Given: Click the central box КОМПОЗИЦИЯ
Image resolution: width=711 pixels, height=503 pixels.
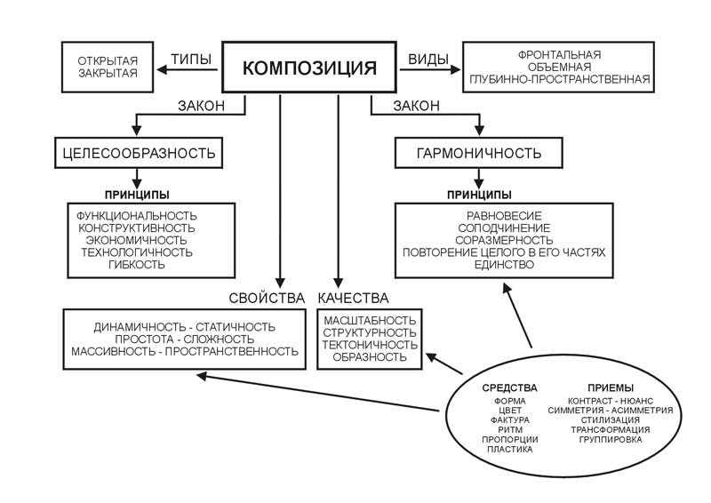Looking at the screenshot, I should click(x=309, y=68).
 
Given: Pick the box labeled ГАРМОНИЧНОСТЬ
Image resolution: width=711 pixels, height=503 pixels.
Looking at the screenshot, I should click(x=479, y=153).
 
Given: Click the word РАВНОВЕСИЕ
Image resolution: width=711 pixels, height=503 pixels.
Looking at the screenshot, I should click(x=503, y=216).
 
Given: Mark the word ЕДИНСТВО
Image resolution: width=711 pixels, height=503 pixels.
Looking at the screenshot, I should click(x=503, y=265).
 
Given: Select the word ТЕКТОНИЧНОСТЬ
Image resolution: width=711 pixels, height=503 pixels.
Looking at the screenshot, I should click(x=370, y=345).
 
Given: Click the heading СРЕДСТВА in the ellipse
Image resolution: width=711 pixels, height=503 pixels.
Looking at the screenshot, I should click(x=510, y=388).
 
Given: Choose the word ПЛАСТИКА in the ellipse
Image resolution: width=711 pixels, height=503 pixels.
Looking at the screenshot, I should click(x=510, y=449).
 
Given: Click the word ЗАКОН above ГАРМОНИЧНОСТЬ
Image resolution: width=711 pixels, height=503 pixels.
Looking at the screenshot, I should click(x=417, y=107).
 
